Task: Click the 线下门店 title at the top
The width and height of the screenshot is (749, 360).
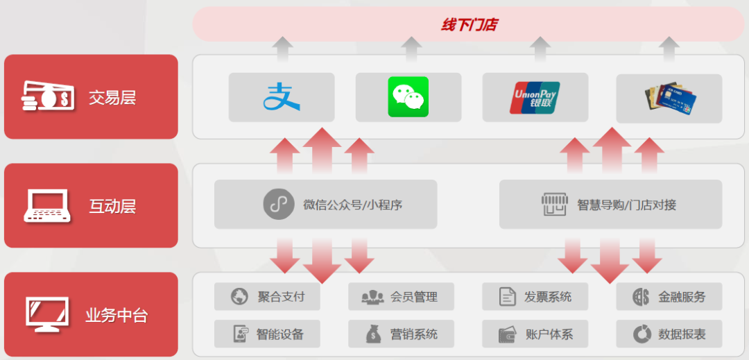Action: click(469, 25)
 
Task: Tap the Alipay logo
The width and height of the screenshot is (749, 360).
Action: click(282, 97)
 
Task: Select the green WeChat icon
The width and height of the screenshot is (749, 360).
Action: click(408, 97)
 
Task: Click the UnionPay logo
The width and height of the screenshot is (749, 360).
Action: click(535, 97)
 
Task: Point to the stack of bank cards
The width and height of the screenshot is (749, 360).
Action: click(669, 98)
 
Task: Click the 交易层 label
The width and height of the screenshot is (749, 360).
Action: click(112, 97)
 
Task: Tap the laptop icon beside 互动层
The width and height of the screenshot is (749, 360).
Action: click(47, 206)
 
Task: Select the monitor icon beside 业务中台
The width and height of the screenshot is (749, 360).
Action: click(47, 314)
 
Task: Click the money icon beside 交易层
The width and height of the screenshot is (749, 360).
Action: click(47, 96)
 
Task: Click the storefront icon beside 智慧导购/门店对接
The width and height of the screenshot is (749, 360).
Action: click(555, 205)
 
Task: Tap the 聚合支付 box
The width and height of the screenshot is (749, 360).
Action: click(268, 297)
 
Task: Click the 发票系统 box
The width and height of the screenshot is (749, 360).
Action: click(535, 297)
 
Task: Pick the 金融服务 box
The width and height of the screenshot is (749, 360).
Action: click(669, 297)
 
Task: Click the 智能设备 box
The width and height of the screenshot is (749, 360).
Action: click(268, 334)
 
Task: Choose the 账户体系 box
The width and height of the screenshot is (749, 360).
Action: click(535, 334)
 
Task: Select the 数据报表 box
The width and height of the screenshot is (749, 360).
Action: click(669, 334)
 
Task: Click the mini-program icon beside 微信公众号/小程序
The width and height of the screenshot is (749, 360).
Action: click(279, 205)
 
